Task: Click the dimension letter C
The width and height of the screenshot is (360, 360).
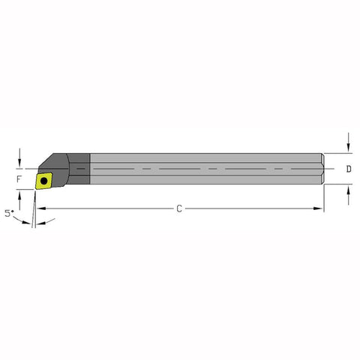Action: click(x=179, y=208)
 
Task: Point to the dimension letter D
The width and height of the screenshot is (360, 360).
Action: click(x=349, y=170)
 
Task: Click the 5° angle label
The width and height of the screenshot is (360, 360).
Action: click(x=9, y=213)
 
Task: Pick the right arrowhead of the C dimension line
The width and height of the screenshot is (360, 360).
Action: click(x=320, y=208)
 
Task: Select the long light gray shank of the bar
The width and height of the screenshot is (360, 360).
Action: click(x=202, y=170)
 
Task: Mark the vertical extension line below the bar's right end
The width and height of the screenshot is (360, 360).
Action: click(x=325, y=199)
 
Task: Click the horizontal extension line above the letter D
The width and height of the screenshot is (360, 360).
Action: click(x=337, y=154)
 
